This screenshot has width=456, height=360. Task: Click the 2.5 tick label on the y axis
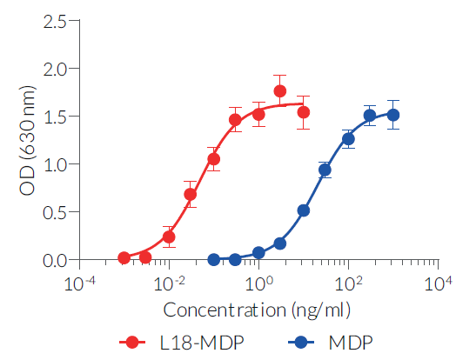55,20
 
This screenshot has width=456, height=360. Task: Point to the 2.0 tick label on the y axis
55,68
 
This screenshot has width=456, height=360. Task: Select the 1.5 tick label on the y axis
55,116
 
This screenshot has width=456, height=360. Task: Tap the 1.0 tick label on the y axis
55,163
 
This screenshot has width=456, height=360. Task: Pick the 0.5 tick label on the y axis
55,211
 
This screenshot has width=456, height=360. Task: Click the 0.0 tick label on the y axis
55,259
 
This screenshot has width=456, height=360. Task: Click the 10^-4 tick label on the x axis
79,283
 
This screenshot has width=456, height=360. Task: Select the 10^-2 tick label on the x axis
169,283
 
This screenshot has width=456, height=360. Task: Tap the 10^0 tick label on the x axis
258,283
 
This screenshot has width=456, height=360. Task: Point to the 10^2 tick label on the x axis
348,283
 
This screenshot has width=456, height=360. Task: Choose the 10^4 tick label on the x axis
438,283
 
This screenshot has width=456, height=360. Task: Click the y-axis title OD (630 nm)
26,140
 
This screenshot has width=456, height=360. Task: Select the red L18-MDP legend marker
132,342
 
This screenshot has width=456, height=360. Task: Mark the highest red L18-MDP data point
280,90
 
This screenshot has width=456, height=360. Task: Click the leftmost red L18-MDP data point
124,258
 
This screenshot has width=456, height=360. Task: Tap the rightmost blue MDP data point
392,115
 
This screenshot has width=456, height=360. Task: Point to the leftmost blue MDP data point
214,259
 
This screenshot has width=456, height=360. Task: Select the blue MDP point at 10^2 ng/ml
348,138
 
